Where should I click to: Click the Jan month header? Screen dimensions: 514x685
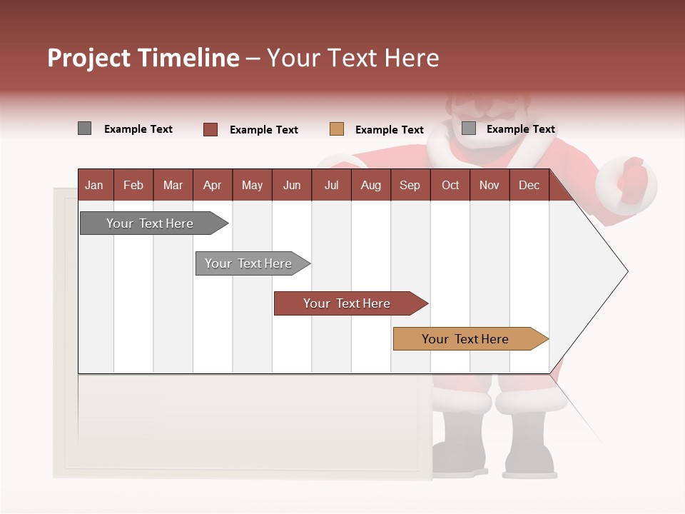click(94, 185)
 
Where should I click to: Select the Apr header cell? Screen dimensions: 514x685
click(212, 185)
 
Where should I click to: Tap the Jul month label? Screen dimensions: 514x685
click(331, 185)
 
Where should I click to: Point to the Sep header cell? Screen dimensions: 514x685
click(410, 185)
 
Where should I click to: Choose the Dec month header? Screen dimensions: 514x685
click(529, 185)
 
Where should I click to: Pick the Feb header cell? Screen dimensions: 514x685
click(133, 185)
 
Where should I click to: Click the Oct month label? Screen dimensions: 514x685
click(450, 185)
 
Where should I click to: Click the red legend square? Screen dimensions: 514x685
click(210, 129)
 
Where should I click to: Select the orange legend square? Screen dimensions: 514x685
click(337, 129)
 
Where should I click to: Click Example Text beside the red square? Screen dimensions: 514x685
click(263, 130)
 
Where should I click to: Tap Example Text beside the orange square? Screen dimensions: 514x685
click(389, 130)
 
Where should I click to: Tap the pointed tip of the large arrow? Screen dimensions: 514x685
click(626, 271)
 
